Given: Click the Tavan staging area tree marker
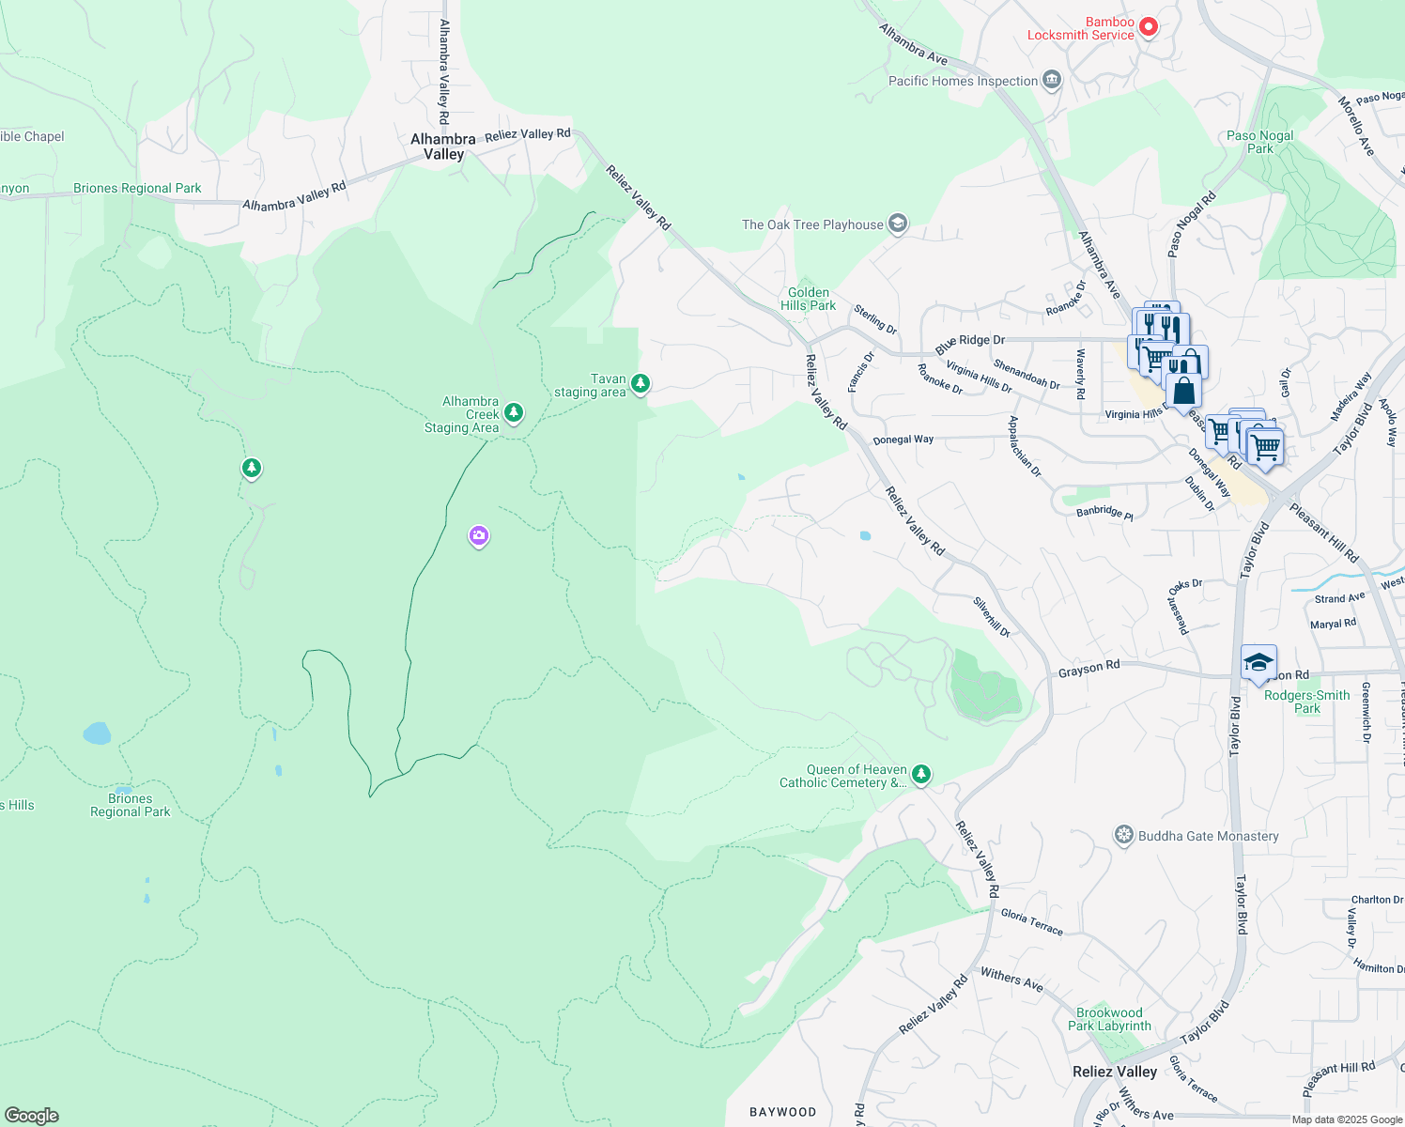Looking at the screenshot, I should (640, 383).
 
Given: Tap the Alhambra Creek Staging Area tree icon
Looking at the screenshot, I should (513, 412).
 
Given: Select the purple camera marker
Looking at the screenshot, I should (479, 536).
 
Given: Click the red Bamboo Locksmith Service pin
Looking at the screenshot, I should (1148, 28).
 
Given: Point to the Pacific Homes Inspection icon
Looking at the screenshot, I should (1052, 81).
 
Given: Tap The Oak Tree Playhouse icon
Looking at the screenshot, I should (898, 224).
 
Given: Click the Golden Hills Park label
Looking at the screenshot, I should (808, 299).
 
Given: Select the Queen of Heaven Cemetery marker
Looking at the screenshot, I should (921, 774).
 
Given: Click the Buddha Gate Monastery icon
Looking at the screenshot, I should (1123, 835).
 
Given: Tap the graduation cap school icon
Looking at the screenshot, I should (1258, 663).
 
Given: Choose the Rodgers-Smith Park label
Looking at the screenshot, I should (1306, 702).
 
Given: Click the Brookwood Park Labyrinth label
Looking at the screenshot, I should (1109, 1019).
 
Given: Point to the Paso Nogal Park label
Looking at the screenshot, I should (1259, 142).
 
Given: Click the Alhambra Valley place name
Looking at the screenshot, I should (443, 147).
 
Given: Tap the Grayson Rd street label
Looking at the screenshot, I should (1088, 669).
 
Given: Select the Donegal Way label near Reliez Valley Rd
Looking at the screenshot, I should (903, 440).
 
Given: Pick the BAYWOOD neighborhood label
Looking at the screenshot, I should (782, 1112).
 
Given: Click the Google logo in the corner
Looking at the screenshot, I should (32, 1115).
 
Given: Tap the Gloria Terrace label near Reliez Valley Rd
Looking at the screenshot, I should (1031, 921).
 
